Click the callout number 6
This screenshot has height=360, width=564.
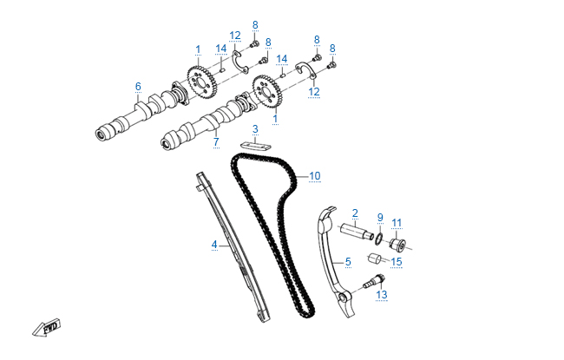(137, 86)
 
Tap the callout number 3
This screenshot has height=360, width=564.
(255, 129)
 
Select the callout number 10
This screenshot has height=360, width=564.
(314, 176)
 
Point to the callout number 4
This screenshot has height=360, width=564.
(213, 245)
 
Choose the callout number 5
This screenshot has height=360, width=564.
(348, 261)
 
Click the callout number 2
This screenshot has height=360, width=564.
(355, 213)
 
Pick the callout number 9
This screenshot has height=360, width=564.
(379, 217)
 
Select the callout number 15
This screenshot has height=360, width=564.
(397, 261)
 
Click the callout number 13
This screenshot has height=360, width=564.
(382, 295)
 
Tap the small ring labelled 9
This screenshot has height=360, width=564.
(379, 235)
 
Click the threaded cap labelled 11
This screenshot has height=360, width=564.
(399, 240)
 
